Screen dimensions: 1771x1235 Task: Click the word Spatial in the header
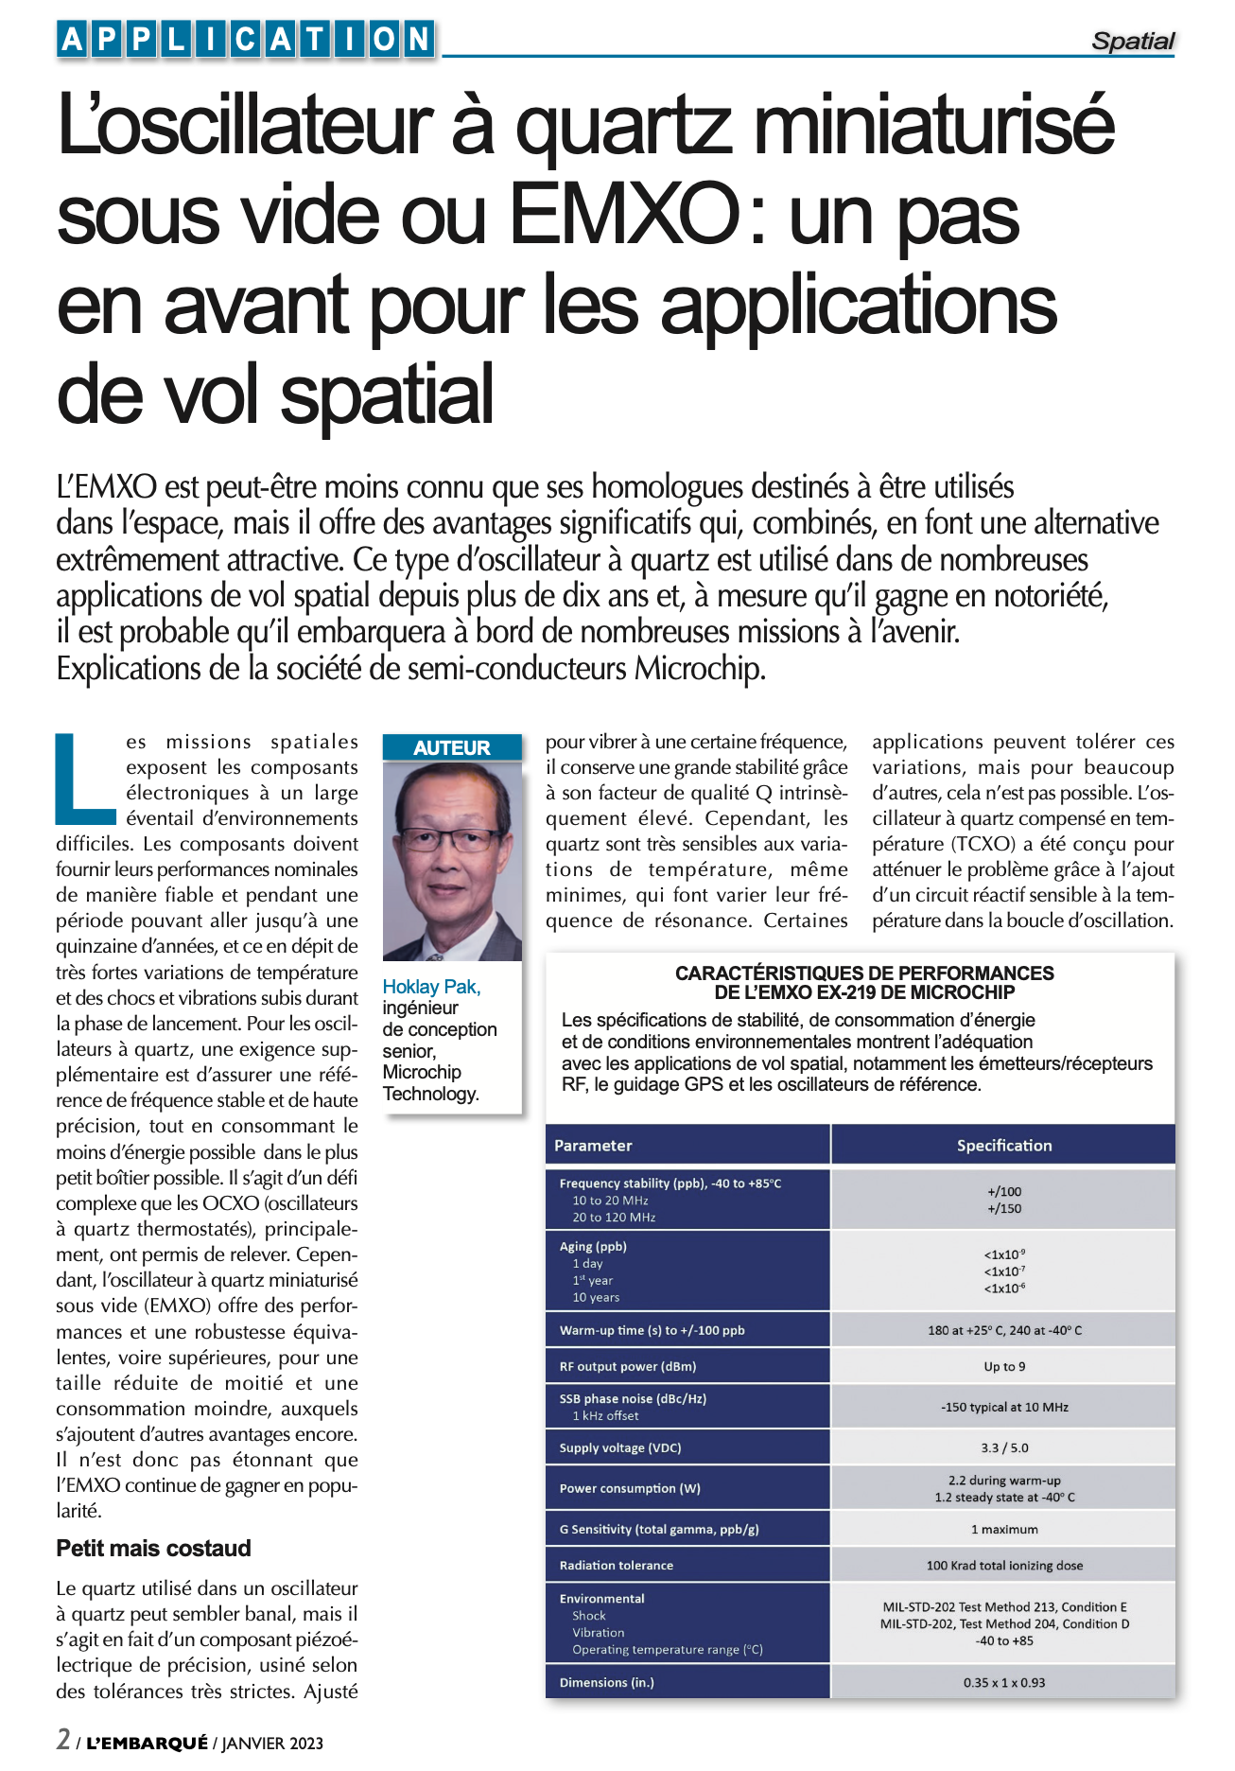tap(1132, 41)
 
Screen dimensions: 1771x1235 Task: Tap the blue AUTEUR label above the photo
tap(451, 747)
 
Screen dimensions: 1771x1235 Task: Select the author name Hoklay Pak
tap(431, 987)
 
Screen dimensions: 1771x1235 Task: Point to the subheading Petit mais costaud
tap(153, 1548)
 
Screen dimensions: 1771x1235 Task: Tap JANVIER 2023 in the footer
tap(272, 1743)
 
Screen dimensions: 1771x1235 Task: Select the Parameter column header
tap(593, 1145)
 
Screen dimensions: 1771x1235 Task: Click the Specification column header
tap(1003, 1145)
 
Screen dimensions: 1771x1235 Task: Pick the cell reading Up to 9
tap(1004, 1366)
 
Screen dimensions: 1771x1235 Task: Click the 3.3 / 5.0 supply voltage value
tap(1004, 1447)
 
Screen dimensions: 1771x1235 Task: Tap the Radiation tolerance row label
tap(617, 1565)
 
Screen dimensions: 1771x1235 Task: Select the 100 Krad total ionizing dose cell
tap(1004, 1565)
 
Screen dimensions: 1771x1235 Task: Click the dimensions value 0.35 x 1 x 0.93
tap(1004, 1682)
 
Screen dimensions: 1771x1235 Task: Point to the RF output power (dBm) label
tap(628, 1366)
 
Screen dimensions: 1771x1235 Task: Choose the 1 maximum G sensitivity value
tap(1004, 1529)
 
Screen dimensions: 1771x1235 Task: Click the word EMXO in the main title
tap(625, 215)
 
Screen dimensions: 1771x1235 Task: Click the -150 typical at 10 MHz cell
tap(1004, 1407)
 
